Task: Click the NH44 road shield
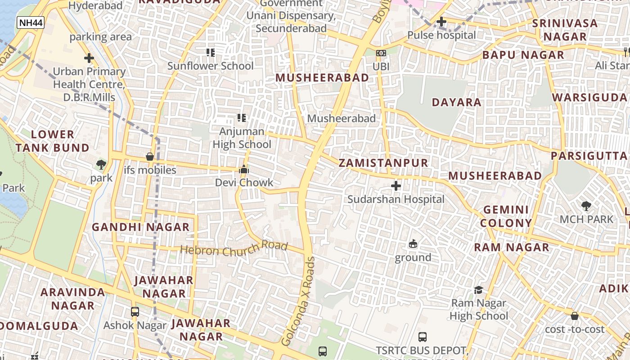coord(31,22)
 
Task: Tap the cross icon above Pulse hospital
coord(441,22)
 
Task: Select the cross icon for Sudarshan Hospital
coord(396,186)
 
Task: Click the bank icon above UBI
coord(381,53)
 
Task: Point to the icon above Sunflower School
coord(210,53)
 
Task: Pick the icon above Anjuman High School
coord(242,118)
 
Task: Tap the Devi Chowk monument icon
coord(244,170)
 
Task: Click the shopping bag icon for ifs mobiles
coord(150,157)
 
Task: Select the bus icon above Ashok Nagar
coord(135,311)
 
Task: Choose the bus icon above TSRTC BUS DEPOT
coord(422,337)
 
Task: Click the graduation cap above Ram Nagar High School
coord(478,290)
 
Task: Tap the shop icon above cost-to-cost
coord(575,316)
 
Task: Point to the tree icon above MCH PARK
coord(586,206)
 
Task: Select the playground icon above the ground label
coord(413,244)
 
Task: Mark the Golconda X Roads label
coord(297,301)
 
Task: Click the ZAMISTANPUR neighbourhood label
coord(383,163)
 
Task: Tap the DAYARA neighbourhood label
coord(456,102)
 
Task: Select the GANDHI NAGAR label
coord(141,227)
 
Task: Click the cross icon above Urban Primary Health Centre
coord(89,58)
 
